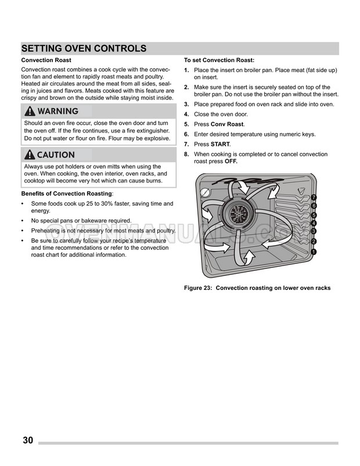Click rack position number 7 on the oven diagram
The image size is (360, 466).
(x=314, y=198)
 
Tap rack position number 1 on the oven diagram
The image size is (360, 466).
(x=314, y=252)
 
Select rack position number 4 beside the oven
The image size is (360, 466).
(x=314, y=223)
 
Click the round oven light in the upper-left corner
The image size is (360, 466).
(x=204, y=193)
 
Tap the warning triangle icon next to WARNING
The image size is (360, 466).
(x=29, y=111)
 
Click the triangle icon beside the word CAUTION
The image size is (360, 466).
(x=29, y=155)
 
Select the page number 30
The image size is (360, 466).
(x=28, y=440)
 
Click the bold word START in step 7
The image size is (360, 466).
(x=220, y=144)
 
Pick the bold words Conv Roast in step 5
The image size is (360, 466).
(x=227, y=124)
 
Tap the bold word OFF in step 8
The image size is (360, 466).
(x=231, y=162)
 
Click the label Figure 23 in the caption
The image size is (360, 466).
(x=198, y=288)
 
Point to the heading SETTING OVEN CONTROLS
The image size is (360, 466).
(x=84, y=49)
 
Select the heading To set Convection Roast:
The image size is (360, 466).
(x=219, y=60)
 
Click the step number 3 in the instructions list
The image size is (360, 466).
(x=186, y=105)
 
